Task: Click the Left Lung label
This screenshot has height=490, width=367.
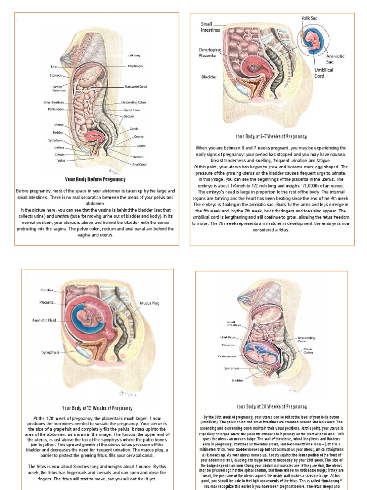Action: [x=134, y=55]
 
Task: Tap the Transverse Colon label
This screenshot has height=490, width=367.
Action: [x=136, y=87]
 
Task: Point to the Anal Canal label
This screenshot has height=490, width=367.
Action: [x=139, y=164]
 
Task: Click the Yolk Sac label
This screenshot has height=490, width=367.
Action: [x=309, y=18]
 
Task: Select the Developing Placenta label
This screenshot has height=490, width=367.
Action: [x=207, y=52]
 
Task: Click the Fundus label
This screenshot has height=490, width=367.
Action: [x=46, y=290]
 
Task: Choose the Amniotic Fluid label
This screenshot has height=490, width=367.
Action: [x=44, y=320]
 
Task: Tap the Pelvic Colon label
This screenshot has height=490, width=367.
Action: [x=308, y=351]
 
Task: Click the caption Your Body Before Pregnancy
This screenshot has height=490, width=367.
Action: [x=95, y=179]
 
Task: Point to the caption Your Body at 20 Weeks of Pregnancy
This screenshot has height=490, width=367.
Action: [x=271, y=407]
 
